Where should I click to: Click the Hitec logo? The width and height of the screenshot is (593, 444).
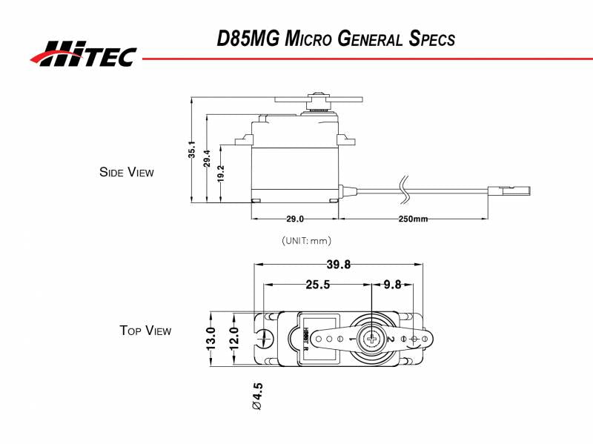pyautogui.click(x=83, y=53)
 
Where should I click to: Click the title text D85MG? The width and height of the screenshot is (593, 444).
pyautogui.click(x=248, y=39)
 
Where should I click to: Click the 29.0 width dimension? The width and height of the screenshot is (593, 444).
pyautogui.click(x=294, y=219)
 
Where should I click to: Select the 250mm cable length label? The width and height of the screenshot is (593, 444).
pyautogui.click(x=413, y=219)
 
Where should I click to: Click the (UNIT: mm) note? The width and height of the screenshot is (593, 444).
pyautogui.click(x=306, y=241)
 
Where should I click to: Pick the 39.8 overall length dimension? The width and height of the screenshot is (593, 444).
pyautogui.click(x=338, y=265)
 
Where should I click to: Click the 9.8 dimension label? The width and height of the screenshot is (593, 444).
pyautogui.click(x=393, y=285)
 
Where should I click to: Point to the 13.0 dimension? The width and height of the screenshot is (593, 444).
pyautogui.click(x=211, y=338)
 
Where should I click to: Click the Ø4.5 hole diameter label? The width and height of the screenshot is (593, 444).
pyautogui.click(x=258, y=397)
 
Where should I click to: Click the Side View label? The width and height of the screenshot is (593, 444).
pyautogui.click(x=127, y=172)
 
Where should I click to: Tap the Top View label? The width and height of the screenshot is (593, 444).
pyautogui.click(x=145, y=331)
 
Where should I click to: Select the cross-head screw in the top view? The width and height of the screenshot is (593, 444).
pyautogui.click(x=369, y=338)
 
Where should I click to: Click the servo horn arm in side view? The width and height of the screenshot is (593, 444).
pyautogui.click(x=317, y=98)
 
